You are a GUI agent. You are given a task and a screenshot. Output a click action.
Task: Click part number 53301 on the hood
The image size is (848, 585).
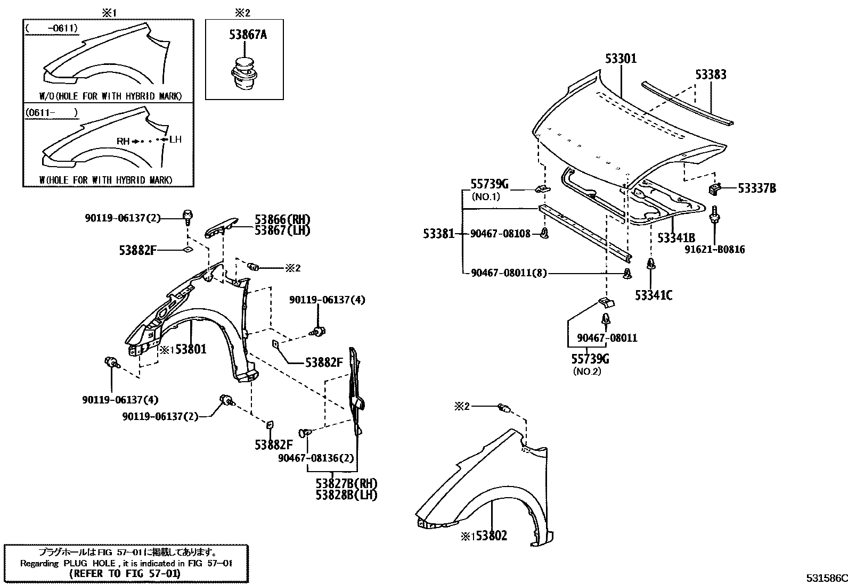(621, 59)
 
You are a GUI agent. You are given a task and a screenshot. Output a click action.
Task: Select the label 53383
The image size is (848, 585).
(711, 75)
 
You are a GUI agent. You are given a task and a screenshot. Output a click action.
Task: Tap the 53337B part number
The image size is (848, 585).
(756, 188)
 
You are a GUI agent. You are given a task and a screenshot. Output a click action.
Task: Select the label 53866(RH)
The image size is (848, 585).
(282, 219)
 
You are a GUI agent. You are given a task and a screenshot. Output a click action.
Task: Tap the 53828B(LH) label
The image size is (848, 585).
(346, 495)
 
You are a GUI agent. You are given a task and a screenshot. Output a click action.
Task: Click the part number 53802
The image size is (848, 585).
(491, 535)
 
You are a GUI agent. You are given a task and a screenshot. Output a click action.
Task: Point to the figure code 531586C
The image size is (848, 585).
(826, 578)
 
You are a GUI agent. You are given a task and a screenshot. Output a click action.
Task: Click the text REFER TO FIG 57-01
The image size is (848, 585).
(125, 574)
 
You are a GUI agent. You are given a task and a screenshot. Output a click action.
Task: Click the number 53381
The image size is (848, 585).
(438, 233)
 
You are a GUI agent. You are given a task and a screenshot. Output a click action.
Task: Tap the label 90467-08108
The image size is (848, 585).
(501, 233)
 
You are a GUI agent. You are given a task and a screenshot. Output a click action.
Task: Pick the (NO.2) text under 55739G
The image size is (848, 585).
(586, 372)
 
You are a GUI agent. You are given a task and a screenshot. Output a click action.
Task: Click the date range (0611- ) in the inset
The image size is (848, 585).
(51, 113)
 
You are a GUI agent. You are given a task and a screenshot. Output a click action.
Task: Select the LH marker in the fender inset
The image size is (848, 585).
(175, 139)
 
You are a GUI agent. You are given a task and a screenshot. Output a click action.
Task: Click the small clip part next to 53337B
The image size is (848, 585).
(714, 188)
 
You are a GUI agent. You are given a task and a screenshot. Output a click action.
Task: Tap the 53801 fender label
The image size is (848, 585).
(190, 349)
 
